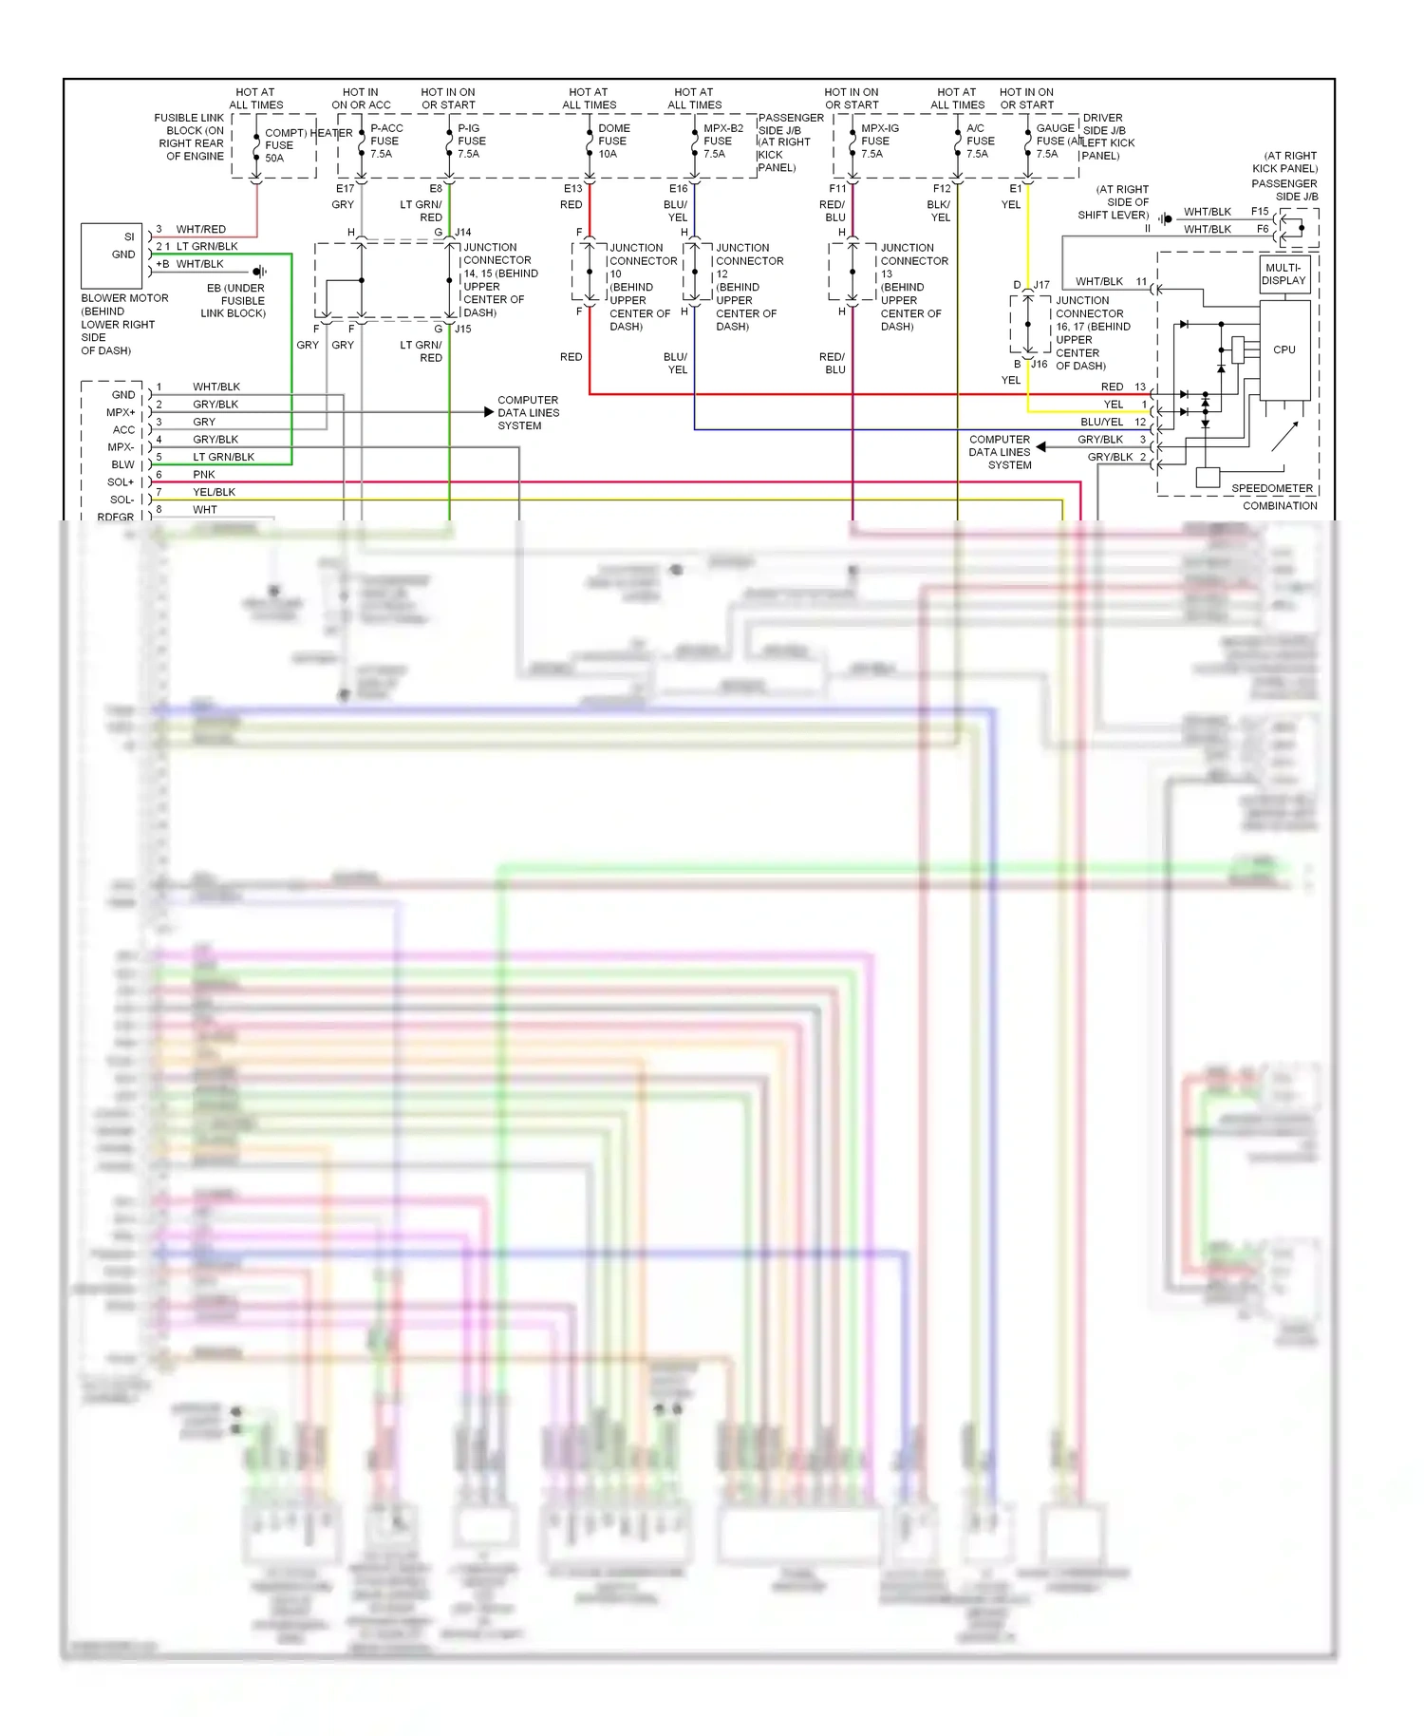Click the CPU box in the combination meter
[x=1284, y=349]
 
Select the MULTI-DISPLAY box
[x=1283, y=274]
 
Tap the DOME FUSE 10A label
[x=613, y=141]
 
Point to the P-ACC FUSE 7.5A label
[x=385, y=141]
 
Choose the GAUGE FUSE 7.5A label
[x=1054, y=141]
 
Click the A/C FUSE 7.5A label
[x=980, y=141]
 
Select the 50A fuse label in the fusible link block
[x=274, y=158]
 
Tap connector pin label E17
[x=345, y=189]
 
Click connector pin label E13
[x=572, y=189]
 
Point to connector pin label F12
[x=941, y=189]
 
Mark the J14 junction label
[x=462, y=232]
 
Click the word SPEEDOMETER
[x=1271, y=488]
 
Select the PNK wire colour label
[x=204, y=474]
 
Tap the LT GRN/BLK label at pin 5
[x=223, y=457]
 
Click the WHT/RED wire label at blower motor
[x=200, y=229]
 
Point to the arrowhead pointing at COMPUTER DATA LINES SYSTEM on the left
[x=489, y=412]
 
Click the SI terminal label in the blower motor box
[x=129, y=236]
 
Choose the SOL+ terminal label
[x=121, y=482]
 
